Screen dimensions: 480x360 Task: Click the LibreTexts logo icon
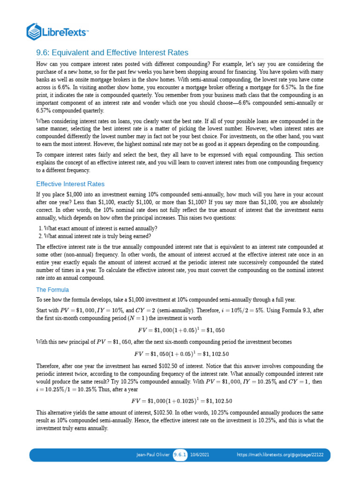tap(34, 31)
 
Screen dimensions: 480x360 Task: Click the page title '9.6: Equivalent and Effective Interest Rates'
tap(112, 52)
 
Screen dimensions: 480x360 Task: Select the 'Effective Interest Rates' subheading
tap(70, 184)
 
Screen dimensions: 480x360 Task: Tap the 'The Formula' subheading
tap(52, 290)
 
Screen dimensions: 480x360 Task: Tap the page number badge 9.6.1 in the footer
tap(180, 455)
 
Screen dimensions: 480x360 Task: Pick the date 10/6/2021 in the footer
tap(200, 455)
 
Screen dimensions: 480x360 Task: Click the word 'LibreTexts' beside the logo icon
tap(66, 32)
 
